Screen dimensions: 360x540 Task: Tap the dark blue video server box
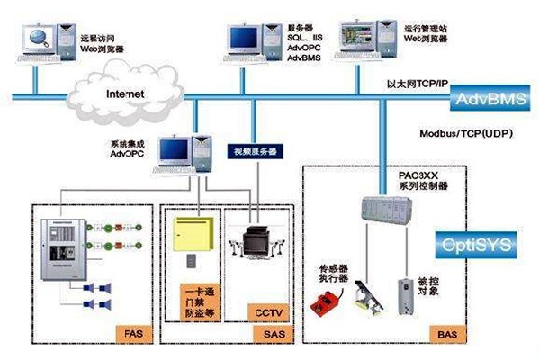click(255, 150)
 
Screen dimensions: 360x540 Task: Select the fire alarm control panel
click(63, 250)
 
